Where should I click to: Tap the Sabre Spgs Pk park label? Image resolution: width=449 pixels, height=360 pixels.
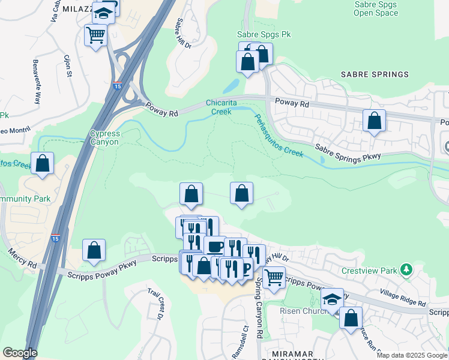click(264, 35)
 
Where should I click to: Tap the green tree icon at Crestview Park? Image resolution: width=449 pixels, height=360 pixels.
click(407, 269)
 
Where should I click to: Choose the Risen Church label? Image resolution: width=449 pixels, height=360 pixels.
click(303, 311)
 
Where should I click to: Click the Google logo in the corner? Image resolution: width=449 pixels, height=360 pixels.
click(20, 353)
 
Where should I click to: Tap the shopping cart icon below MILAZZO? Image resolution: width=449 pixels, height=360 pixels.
click(95, 35)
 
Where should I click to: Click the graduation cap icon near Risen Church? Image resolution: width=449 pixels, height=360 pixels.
click(331, 299)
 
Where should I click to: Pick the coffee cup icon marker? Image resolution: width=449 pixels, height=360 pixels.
click(214, 246)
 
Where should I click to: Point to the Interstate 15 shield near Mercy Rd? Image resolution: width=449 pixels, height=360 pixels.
click(55, 238)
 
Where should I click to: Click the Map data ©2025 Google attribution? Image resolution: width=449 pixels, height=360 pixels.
click(411, 355)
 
